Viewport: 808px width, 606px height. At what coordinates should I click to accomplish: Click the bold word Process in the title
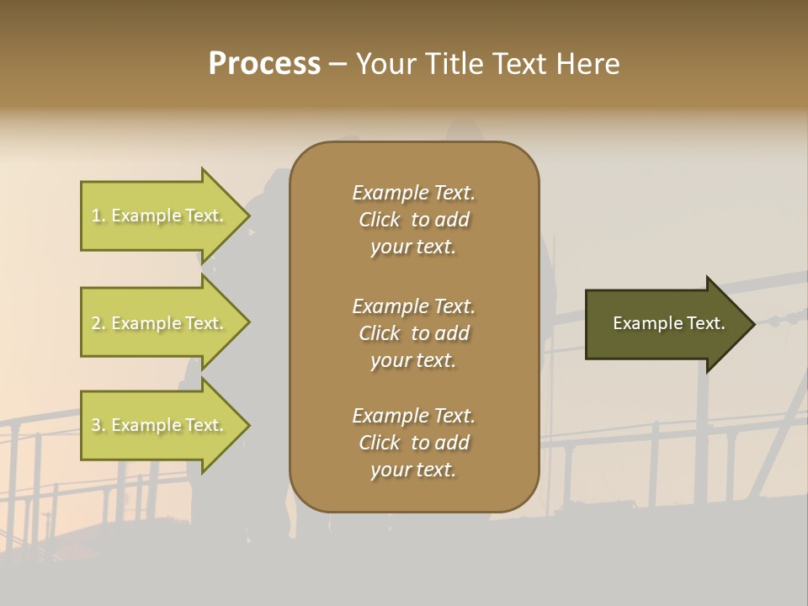coord(264,64)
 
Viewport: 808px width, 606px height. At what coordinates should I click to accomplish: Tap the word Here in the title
coord(588,64)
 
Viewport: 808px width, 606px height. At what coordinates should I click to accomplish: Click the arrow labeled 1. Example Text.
coord(157,215)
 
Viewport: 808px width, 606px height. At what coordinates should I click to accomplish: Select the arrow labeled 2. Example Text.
coord(157,323)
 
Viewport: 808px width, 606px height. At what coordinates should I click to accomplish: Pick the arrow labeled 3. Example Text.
coord(157,425)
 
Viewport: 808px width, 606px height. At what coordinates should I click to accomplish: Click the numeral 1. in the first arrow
coord(98,215)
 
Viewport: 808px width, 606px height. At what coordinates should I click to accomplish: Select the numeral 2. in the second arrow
coord(98,323)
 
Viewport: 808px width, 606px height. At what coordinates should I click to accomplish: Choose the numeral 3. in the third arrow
coord(98,425)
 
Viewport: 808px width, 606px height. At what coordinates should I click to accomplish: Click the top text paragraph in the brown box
coord(413,220)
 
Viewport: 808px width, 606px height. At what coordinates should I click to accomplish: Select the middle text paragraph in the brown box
coord(413,332)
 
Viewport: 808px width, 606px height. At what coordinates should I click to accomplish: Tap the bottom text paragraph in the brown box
coord(413,443)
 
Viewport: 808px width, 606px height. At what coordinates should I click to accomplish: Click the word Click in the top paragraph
coord(379,220)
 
